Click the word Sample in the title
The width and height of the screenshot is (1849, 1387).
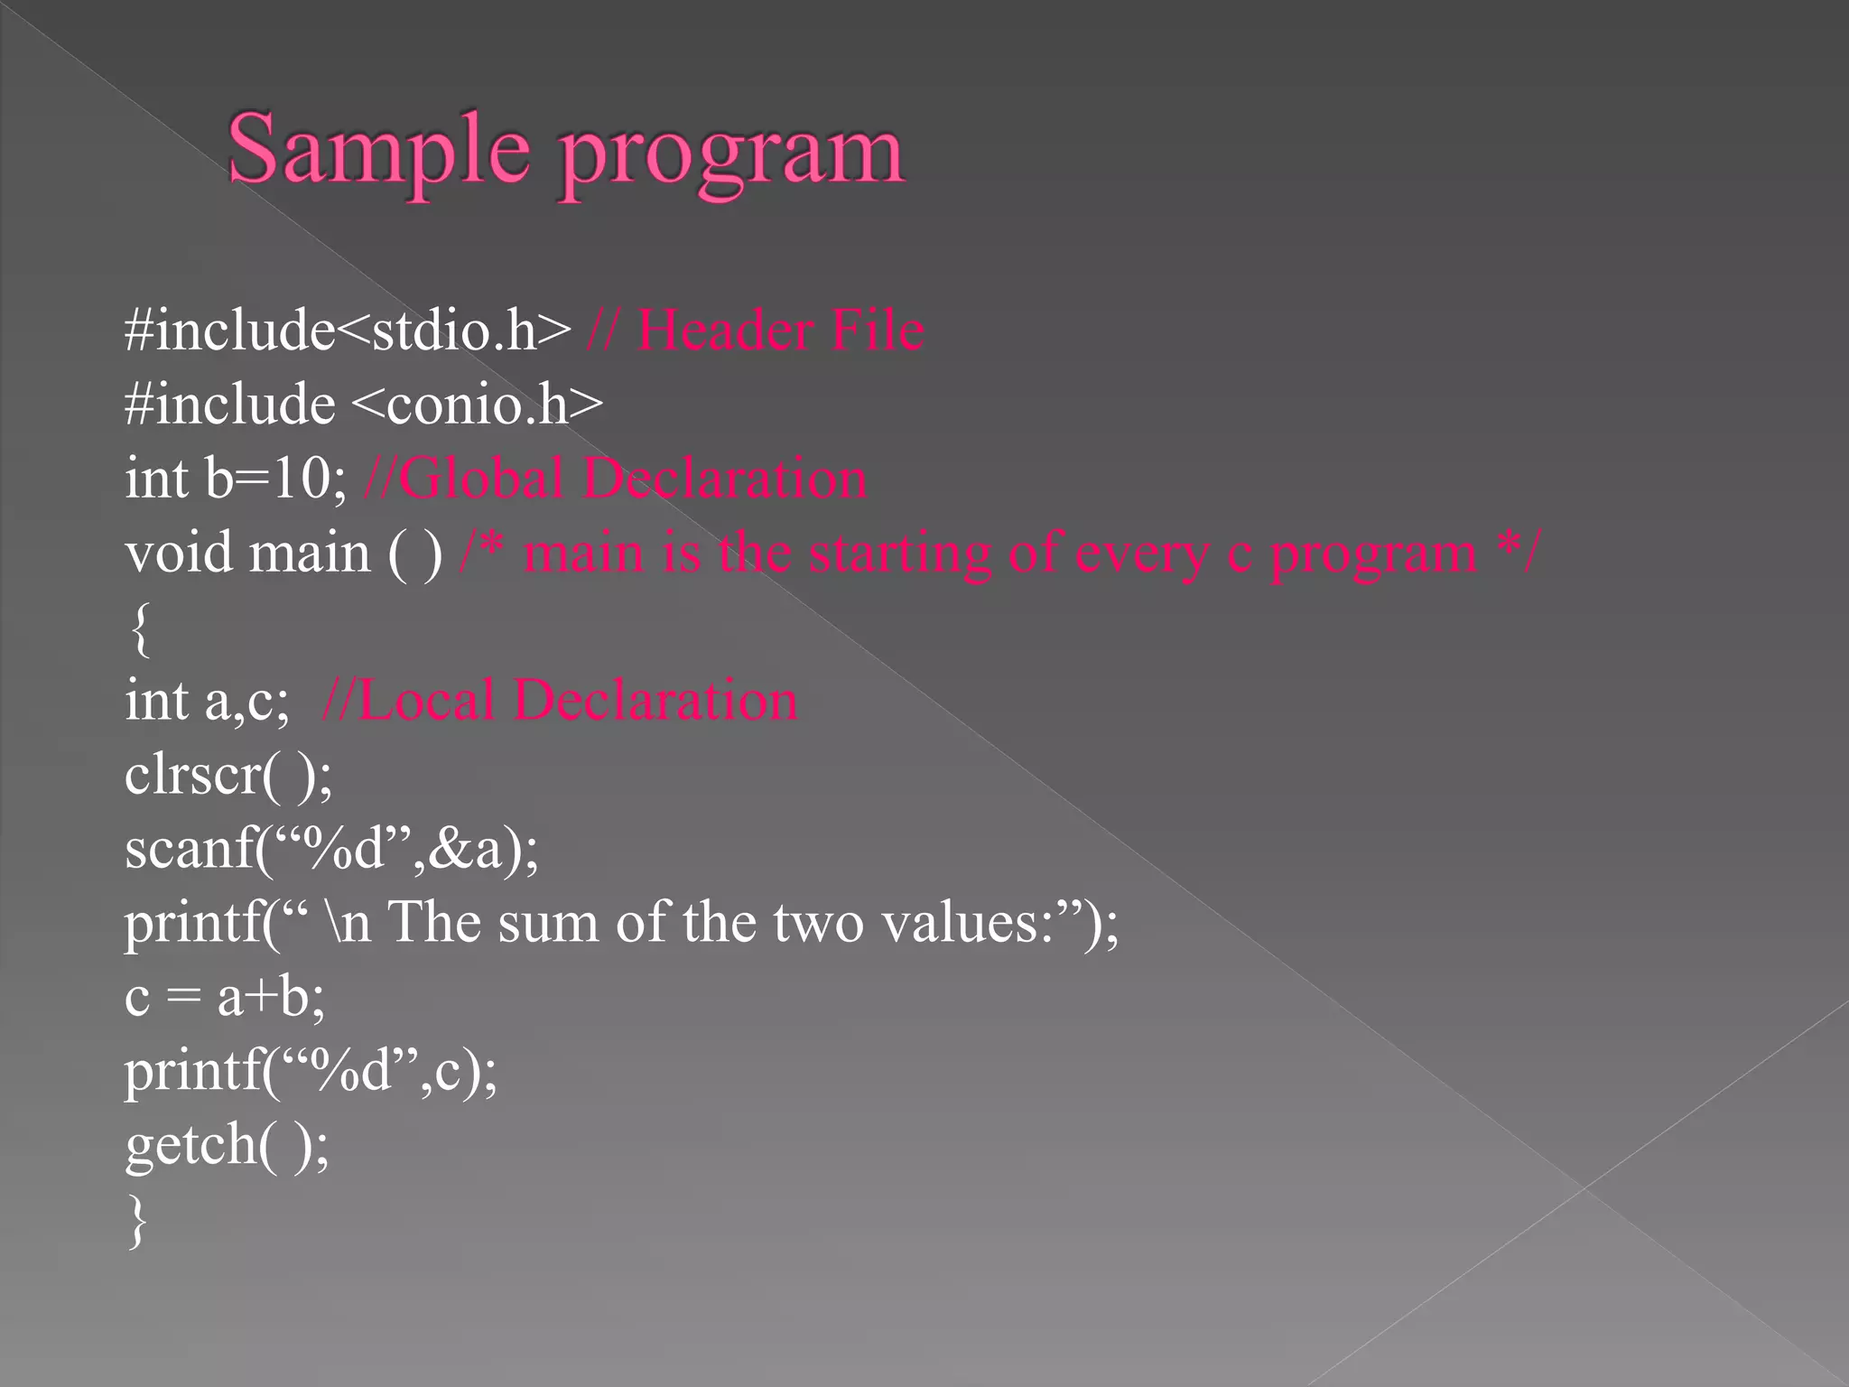tap(377, 150)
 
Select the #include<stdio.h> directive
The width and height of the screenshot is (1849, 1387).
tap(348, 330)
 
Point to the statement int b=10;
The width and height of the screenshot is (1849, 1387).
tap(235, 478)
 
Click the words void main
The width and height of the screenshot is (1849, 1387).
tap(247, 552)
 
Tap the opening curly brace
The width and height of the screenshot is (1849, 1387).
tap(139, 628)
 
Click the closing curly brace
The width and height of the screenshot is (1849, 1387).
tap(137, 1221)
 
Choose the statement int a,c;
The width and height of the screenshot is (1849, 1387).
tap(207, 700)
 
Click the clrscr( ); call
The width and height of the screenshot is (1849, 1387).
tap(228, 775)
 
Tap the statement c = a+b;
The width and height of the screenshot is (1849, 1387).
tap(224, 997)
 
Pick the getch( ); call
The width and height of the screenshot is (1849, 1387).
tap(227, 1145)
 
